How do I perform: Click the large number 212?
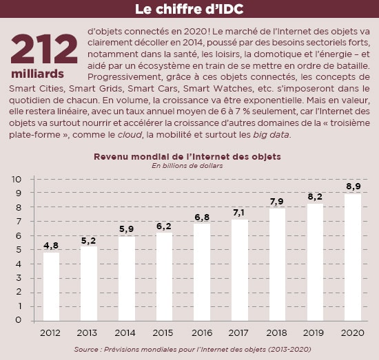[x=44, y=49]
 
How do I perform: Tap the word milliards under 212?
[x=37, y=74]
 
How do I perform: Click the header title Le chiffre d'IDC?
[x=189, y=9]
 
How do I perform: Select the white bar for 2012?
[x=51, y=286]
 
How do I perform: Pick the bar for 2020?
[x=353, y=257]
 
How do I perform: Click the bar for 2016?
[x=202, y=273]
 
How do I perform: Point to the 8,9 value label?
[x=354, y=187]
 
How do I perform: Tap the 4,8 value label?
[x=51, y=245]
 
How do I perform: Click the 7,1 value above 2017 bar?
[x=239, y=213]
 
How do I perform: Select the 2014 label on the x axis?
[x=125, y=333]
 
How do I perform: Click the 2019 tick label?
[x=314, y=333]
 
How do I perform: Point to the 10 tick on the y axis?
[x=17, y=179]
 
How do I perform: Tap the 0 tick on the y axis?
[x=19, y=320]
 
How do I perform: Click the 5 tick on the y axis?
[x=19, y=250]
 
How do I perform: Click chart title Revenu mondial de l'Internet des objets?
[x=187, y=157]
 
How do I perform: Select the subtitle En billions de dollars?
[x=187, y=166]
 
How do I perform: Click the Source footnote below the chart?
[x=192, y=350]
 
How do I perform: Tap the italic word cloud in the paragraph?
[x=130, y=134]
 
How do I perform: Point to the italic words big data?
[x=271, y=135]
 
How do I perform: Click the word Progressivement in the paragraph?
[x=124, y=77]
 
